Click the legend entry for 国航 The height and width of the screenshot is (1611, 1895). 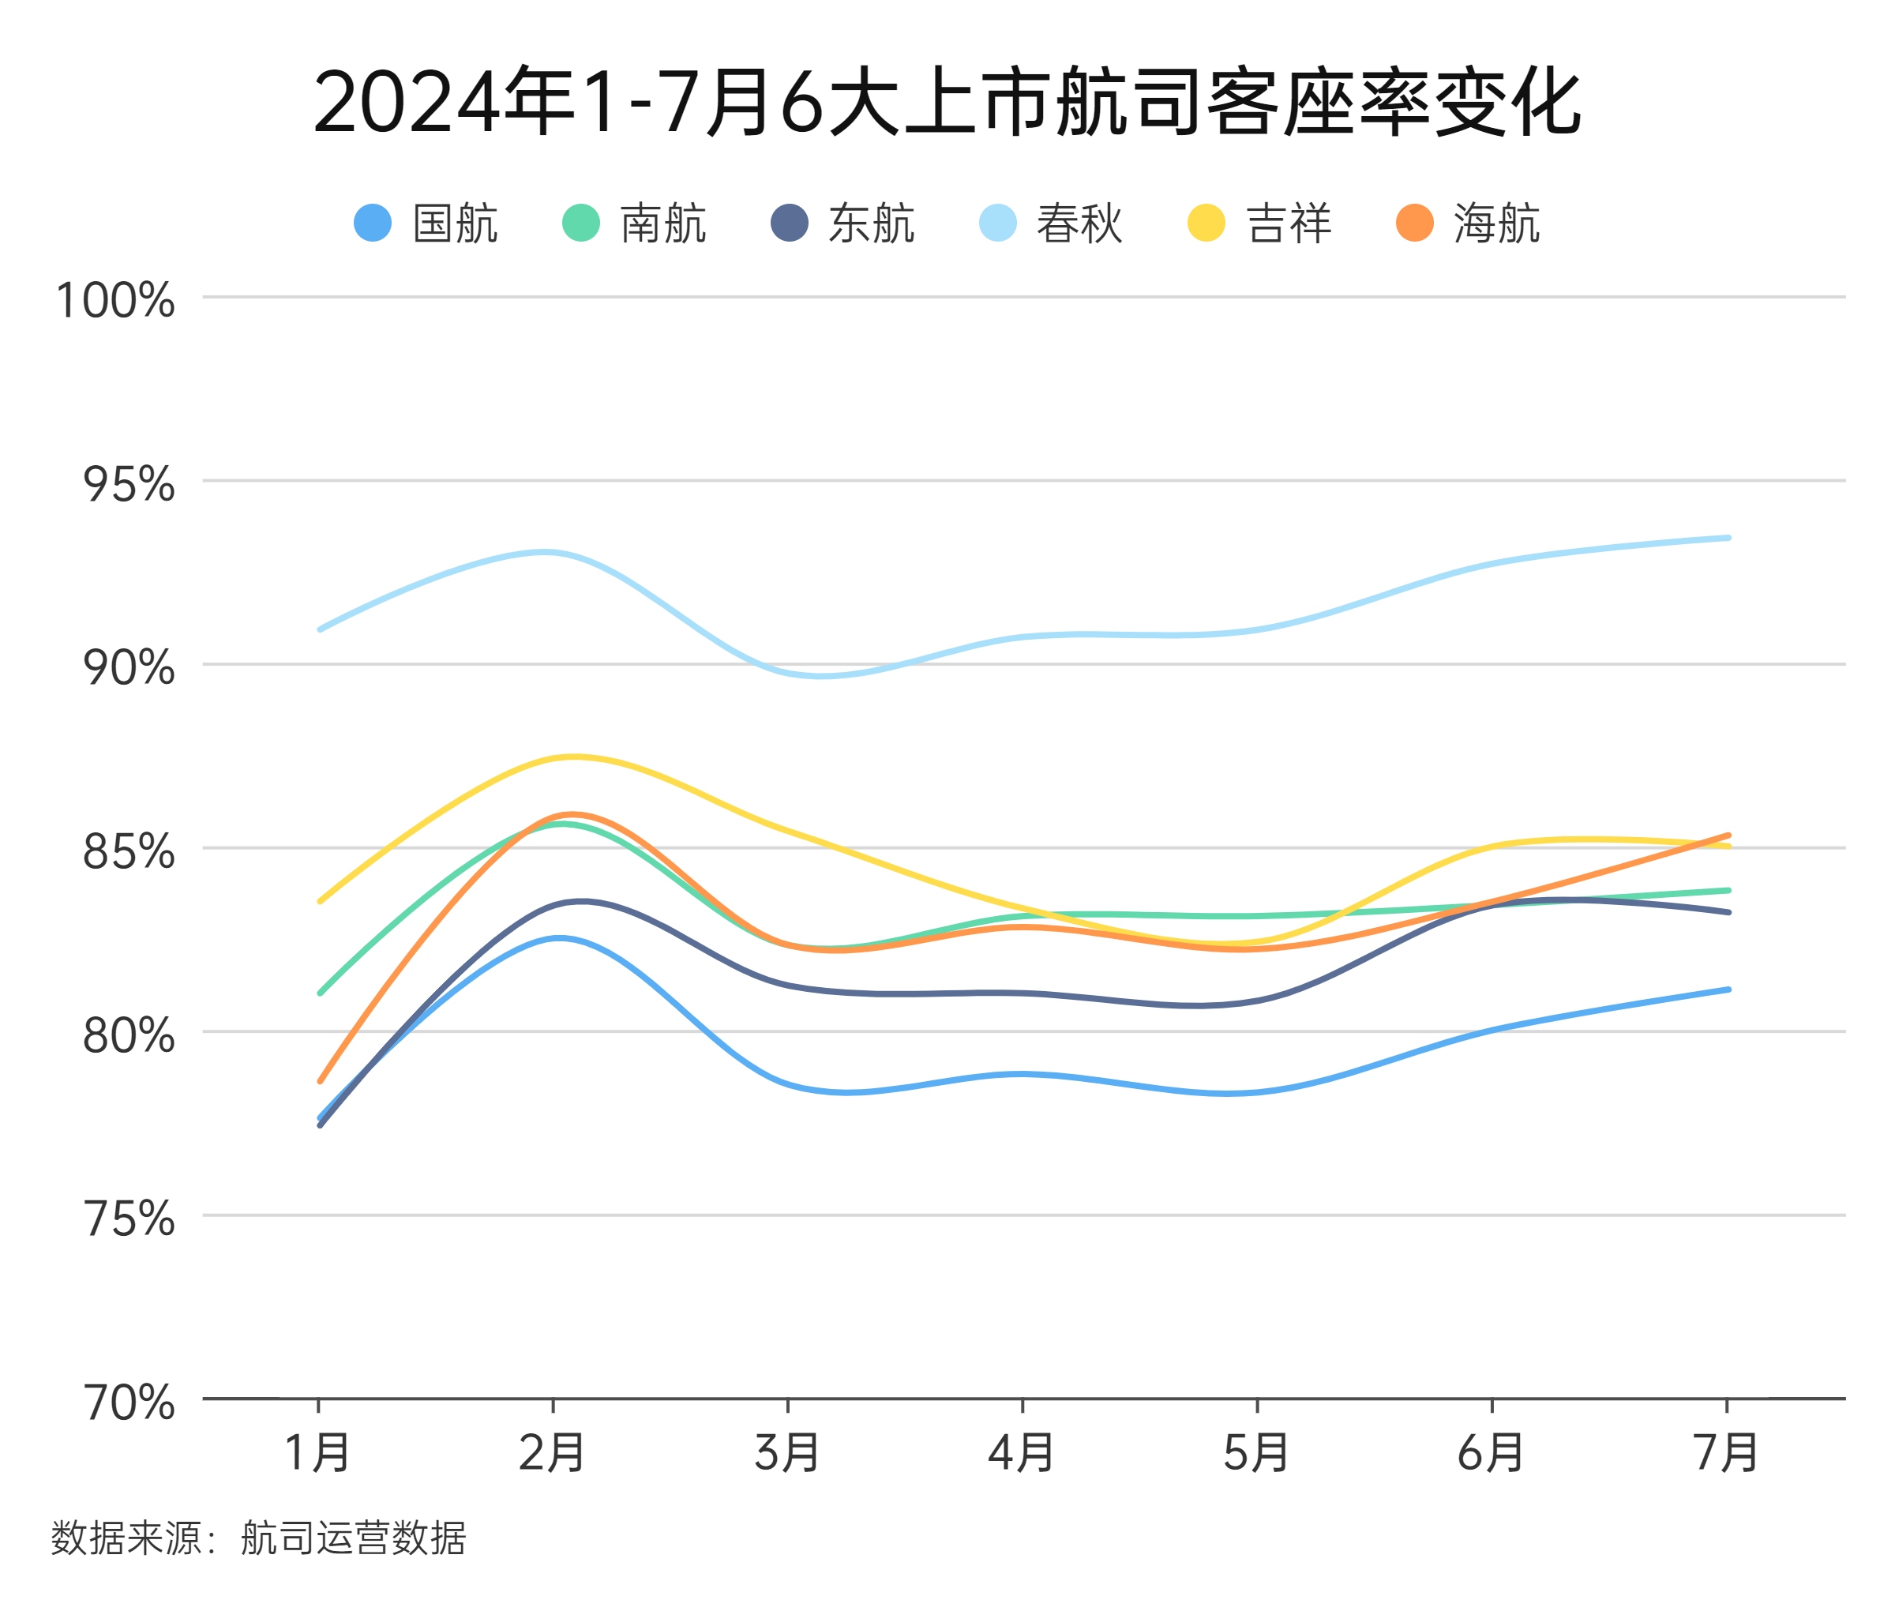(x=426, y=223)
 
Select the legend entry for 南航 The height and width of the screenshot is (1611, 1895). (x=634, y=223)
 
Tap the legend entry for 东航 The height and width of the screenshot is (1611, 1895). (x=842, y=223)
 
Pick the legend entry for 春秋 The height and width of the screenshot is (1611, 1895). (x=1050, y=223)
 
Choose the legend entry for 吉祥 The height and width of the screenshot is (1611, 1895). (x=1259, y=223)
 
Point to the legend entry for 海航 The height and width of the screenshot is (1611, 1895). (x=1468, y=223)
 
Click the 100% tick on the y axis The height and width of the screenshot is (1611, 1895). (x=115, y=299)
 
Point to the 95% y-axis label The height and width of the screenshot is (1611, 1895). (x=128, y=483)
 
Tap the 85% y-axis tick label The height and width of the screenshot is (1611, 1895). (x=128, y=851)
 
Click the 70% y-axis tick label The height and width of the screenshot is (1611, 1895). (x=128, y=1402)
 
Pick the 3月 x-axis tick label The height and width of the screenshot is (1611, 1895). (x=786, y=1453)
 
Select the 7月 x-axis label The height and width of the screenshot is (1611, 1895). (x=1725, y=1453)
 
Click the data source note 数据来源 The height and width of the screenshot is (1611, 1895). (x=258, y=1538)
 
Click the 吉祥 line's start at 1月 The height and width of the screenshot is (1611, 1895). (x=320, y=901)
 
